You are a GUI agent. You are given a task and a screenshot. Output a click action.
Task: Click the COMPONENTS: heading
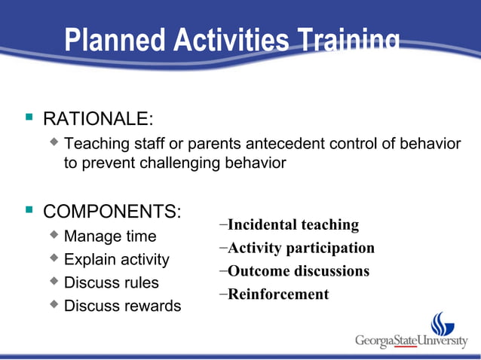point(112,211)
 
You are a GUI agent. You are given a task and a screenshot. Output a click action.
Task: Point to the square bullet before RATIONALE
point(29,117)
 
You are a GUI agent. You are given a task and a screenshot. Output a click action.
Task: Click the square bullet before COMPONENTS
point(29,209)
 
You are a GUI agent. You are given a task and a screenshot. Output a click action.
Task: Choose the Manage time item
point(110,236)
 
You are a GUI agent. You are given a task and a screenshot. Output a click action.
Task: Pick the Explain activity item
point(117,260)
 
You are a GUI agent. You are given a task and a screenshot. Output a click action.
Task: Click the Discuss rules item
point(112,283)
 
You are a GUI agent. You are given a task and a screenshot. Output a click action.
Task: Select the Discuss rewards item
point(122,307)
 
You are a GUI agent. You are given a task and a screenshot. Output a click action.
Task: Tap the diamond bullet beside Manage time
point(54,235)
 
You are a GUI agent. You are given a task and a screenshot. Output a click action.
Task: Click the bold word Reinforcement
point(278,294)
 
